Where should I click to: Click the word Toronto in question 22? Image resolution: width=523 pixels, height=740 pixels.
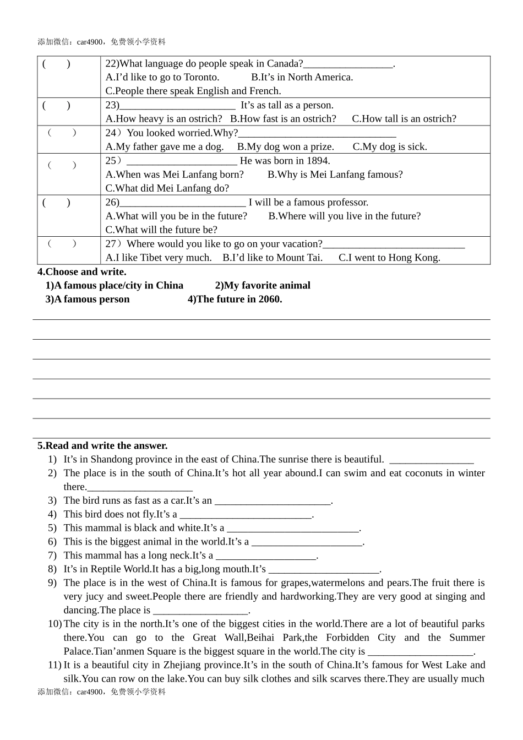tap(201, 77)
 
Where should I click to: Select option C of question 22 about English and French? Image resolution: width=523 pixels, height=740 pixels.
tap(193, 91)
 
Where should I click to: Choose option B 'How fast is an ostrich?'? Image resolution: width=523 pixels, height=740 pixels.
tap(283, 118)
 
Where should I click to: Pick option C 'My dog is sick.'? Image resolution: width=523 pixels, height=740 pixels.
tap(390, 146)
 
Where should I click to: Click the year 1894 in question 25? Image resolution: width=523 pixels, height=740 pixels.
tap(318, 161)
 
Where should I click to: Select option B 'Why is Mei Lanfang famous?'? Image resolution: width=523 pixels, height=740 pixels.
tap(335, 175)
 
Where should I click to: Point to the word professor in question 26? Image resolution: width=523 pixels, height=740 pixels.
tap(346, 202)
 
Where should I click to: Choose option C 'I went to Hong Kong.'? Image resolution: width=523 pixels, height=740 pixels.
tap(389, 258)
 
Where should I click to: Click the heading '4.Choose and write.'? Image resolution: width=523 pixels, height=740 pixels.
tap(82, 271)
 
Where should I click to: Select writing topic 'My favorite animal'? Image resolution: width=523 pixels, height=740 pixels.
tap(263, 285)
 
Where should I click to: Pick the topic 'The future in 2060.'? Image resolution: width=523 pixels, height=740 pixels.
tap(235, 299)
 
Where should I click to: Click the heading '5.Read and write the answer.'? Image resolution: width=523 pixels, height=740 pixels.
tap(102, 445)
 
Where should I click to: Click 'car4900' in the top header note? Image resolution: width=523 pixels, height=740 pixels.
tap(90, 42)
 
